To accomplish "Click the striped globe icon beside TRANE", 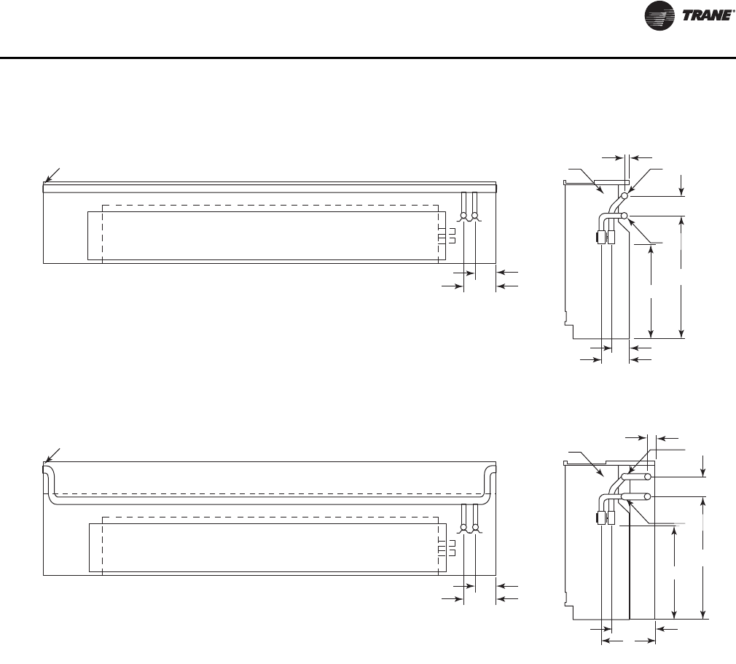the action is pyautogui.click(x=659, y=15).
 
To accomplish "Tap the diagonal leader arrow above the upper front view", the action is pyautogui.click(x=52, y=175).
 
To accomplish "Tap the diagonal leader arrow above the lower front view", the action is pyautogui.click(x=52, y=456).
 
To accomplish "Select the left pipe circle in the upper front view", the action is pyautogui.click(x=463, y=216).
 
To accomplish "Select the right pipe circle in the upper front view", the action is pyautogui.click(x=475, y=216).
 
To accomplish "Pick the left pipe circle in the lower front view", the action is pyautogui.click(x=463, y=528).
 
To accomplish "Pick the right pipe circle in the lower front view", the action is pyautogui.click(x=476, y=528).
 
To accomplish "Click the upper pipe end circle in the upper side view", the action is pyautogui.click(x=625, y=195).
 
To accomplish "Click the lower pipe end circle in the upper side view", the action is pyautogui.click(x=625, y=216).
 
